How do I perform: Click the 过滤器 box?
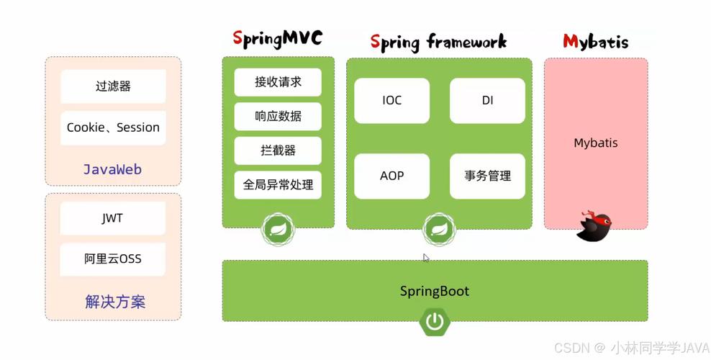[x=113, y=86]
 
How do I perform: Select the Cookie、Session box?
[x=113, y=128]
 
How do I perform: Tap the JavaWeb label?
[x=112, y=170]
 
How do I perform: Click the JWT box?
[x=112, y=219]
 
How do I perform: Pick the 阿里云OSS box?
[x=112, y=259]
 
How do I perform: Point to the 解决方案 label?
[x=115, y=302]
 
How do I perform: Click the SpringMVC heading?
[x=278, y=39]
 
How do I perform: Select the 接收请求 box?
[x=278, y=82]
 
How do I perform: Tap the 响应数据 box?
[x=278, y=117]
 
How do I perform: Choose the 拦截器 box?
[x=278, y=150]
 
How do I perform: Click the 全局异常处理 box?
[x=278, y=185]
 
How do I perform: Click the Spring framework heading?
[x=438, y=42]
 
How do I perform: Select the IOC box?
[x=391, y=101]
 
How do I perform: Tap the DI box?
[x=487, y=101]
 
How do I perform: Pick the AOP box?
[x=391, y=176]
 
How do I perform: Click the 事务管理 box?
[x=487, y=176]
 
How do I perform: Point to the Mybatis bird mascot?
[x=594, y=225]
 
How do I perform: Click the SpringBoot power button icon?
[x=435, y=321]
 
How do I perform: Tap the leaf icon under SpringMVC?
[x=278, y=230]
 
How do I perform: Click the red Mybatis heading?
[x=595, y=42]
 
